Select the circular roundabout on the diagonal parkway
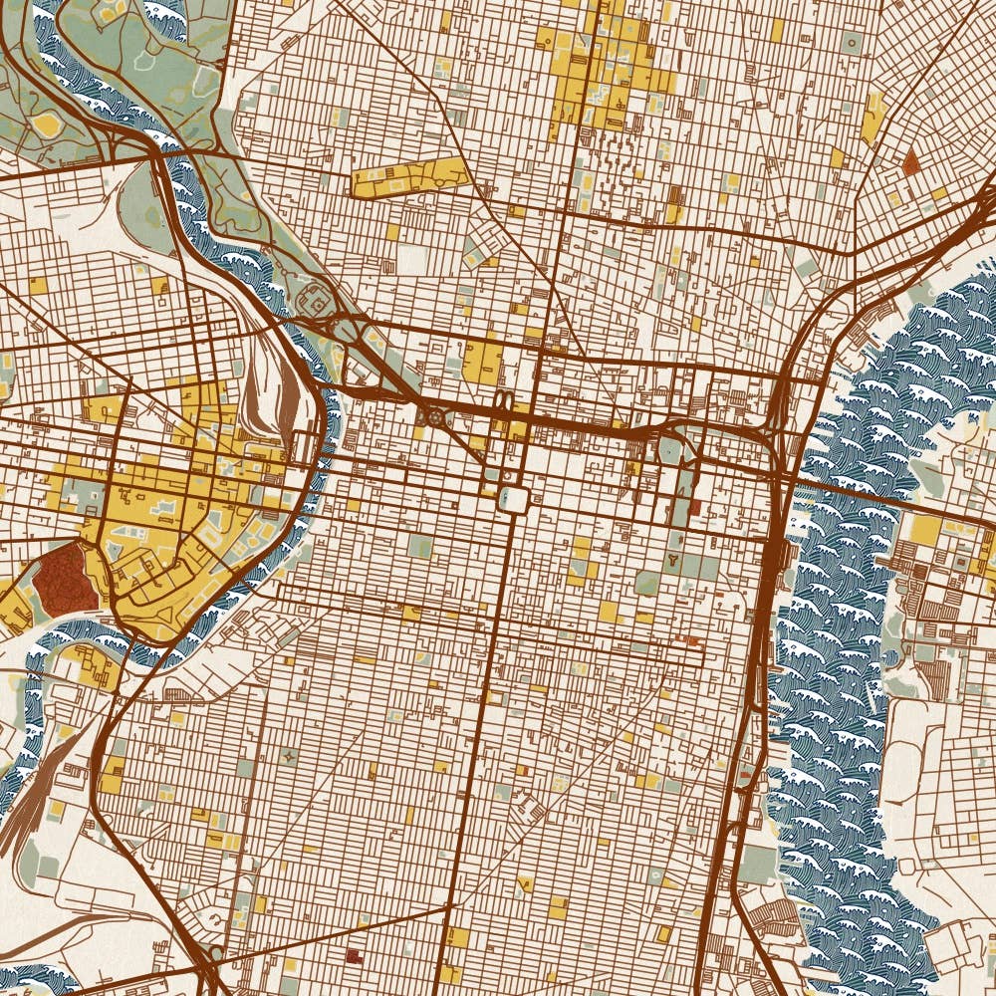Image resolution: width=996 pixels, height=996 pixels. pyautogui.click(x=434, y=417)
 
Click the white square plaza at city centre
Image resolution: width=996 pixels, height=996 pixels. pyautogui.click(x=514, y=499)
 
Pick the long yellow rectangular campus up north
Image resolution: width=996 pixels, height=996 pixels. pyautogui.click(x=409, y=177)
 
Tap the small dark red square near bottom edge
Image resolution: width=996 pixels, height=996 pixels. pyautogui.click(x=352, y=955)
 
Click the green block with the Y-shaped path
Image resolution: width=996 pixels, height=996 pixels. pyautogui.click(x=676, y=563)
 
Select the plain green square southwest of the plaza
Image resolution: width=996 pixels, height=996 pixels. pyautogui.click(x=419, y=545)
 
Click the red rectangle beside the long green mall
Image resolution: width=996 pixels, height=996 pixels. pyautogui.click(x=695, y=509)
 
